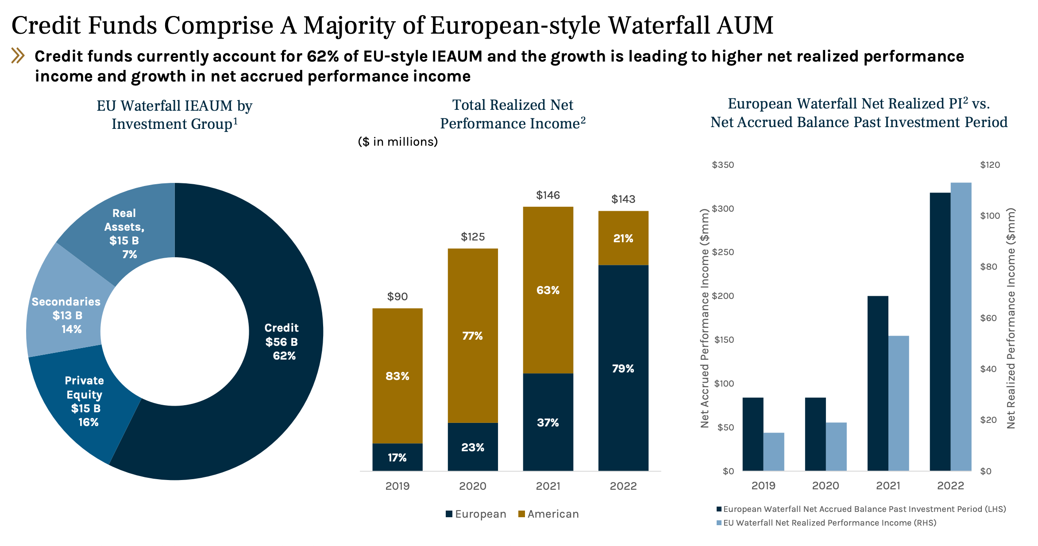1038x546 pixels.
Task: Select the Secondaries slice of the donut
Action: tap(66, 315)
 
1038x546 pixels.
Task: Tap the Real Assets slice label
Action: tap(124, 233)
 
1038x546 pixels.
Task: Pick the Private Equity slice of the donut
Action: tap(85, 401)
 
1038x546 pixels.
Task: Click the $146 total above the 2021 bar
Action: tap(548, 195)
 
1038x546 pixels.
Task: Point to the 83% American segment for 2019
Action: tap(397, 376)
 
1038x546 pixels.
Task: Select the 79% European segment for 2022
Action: tap(623, 368)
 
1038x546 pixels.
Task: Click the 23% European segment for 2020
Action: tap(473, 447)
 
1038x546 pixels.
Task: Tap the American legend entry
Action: tap(548, 514)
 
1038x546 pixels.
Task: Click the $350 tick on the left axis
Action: tap(722, 165)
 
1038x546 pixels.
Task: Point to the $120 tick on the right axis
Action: tap(990, 165)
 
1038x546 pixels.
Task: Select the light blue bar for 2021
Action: tap(899, 403)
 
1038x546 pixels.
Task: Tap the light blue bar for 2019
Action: tap(774, 451)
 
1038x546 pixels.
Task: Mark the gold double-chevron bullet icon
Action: tap(18, 56)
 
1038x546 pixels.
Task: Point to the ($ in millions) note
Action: tap(397, 142)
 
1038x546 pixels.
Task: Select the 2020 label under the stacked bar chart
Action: tap(473, 486)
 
